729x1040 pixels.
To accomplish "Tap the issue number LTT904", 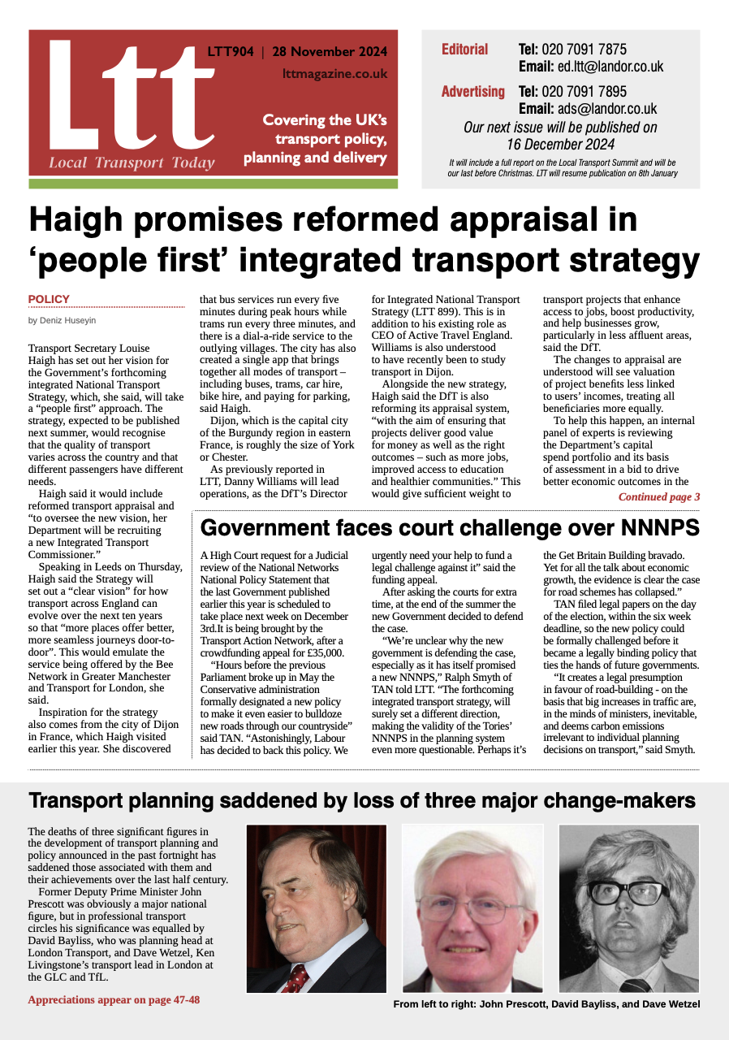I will pyautogui.click(x=231, y=52).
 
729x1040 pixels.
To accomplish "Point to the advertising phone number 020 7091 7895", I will pyautogui.click(x=572, y=91).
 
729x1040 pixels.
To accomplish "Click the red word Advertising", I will pyautogui.click(x=472, y=91).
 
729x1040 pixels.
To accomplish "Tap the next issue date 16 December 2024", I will pyautogui.click(x=560, y=145).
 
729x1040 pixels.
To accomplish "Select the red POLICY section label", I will pyautogui.click(x=49, y=299).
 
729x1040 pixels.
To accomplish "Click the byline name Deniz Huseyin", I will pyautogui.click(x=61, y=320).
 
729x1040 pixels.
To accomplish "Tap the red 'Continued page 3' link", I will pyautogui.click(x=658, y=496).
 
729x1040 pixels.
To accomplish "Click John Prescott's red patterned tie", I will pyautogui.click(x=294, y=977).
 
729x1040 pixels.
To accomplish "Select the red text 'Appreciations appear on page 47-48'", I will pyautogui.click(x=114, y=999).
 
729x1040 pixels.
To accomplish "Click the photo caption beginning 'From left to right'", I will pyautogui.click(x=546, y=1004).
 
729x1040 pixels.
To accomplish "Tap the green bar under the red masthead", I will pyautogui.click(x=213, y=184).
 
